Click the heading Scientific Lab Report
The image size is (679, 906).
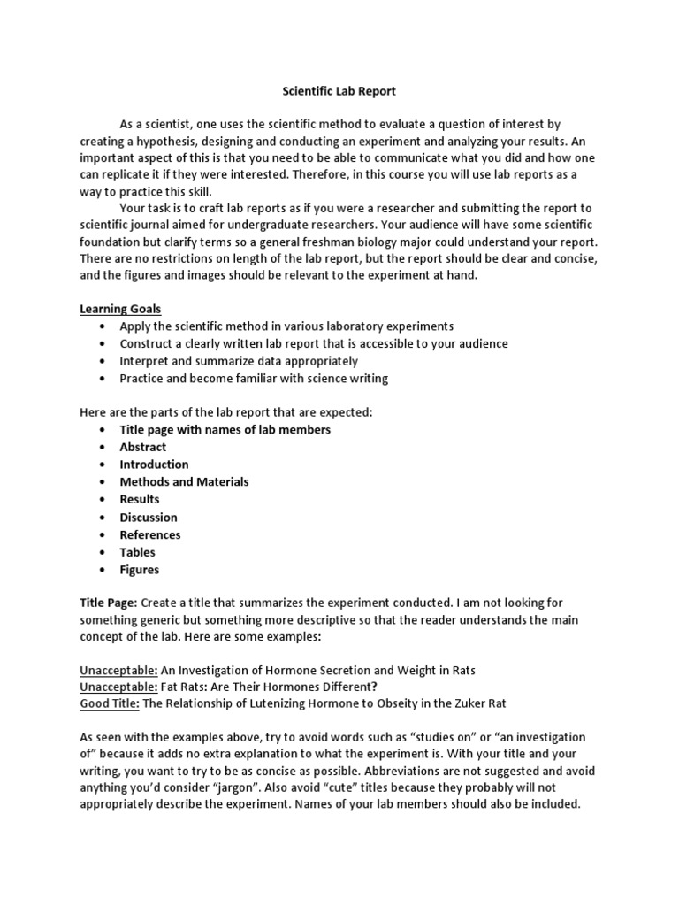(x=339, y=90)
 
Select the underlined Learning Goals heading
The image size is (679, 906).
(x=121, y=308)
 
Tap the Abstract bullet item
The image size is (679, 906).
(x=143, y=447)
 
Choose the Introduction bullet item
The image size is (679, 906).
(x=154, y=465)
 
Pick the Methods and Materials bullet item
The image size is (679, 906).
(x=184, y=482)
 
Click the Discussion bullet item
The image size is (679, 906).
(x=149, y=518)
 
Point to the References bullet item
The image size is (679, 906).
(x=150, y=534)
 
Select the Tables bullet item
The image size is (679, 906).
(x=138, y=552)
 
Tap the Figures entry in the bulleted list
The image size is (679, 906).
(x=140, y=570)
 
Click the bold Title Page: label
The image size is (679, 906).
(x=108, y=602)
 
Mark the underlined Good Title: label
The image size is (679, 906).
(x=110, y=703)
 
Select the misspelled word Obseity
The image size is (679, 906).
(x=381, y=703)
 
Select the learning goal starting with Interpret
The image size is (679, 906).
(x=239, y=361)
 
